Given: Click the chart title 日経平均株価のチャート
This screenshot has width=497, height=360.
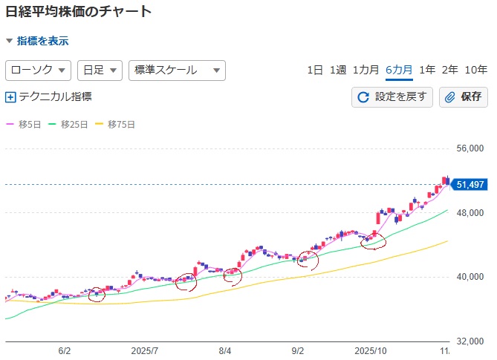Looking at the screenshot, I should (x=78, y=12).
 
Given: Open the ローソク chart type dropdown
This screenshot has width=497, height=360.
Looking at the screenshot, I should (x=39, y=71).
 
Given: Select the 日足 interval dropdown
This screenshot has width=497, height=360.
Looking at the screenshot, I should (x=100, y=71).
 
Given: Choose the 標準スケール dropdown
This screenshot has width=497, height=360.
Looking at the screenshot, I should (x=177, y=71).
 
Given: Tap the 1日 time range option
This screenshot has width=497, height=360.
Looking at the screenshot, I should (x=315, y=71).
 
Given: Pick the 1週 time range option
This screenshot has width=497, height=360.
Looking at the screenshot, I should (x=338, y=71).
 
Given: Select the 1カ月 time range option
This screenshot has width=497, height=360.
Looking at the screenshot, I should (x=366, y=71).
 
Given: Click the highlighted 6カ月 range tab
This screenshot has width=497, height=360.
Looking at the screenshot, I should (x=399, y=71).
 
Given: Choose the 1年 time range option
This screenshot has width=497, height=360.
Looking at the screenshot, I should (x=427, y=71).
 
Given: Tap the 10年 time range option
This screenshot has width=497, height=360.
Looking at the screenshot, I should (x=476, y=71).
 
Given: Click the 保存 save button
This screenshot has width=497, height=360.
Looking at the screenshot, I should (x=464, y=96).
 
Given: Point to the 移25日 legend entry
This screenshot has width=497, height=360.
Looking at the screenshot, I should (x=71, y=124).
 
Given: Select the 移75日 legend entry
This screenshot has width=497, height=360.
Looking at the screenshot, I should (x=117, y=124).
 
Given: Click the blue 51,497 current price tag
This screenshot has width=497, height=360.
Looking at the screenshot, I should (x=471, y=185).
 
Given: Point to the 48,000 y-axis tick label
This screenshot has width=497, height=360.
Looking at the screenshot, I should (x=470, y=213).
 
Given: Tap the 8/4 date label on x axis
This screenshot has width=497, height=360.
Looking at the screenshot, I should (x=226, y=350).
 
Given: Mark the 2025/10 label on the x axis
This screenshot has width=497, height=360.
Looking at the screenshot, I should (x=371, y=350).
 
